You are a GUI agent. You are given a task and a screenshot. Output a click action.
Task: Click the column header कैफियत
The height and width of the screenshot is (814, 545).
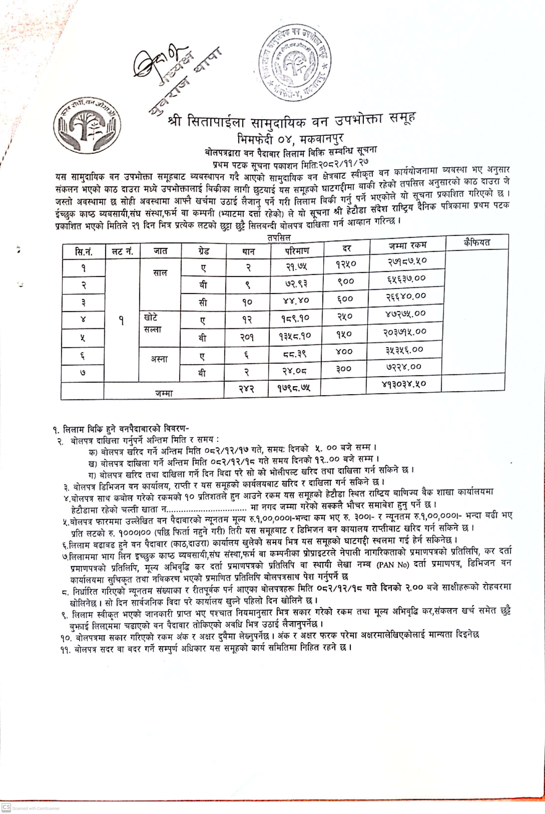[477, 242]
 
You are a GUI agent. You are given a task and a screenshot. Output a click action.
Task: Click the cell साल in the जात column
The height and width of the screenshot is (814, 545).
[160, 273]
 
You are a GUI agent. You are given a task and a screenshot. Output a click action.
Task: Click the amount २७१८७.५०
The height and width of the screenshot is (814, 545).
[407, 261]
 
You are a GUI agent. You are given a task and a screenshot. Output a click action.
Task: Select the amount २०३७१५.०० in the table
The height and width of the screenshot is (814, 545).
[405, 332]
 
